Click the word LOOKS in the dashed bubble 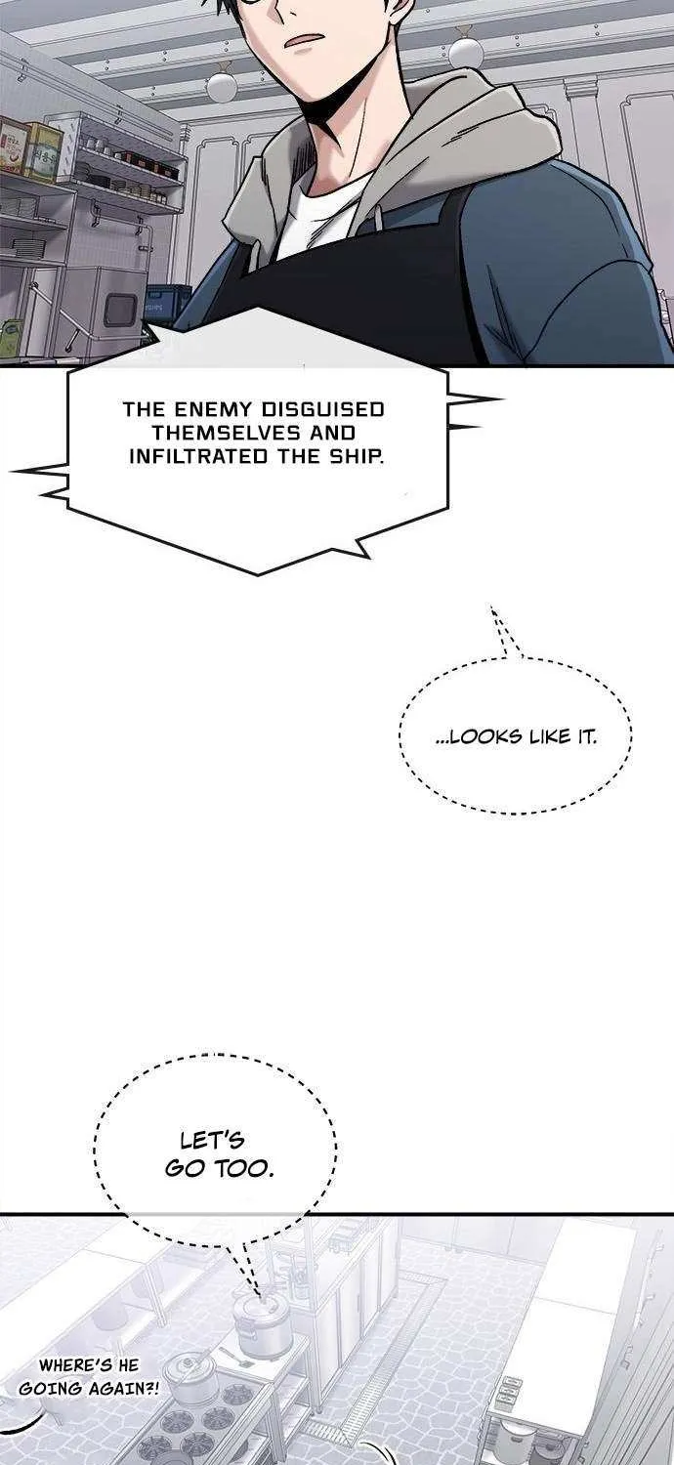tap(483, 737)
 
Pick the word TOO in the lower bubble tap(246, 1169)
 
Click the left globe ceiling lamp tap(221, 86)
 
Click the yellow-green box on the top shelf tap(44, 150)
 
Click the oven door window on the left tap(121, 307)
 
